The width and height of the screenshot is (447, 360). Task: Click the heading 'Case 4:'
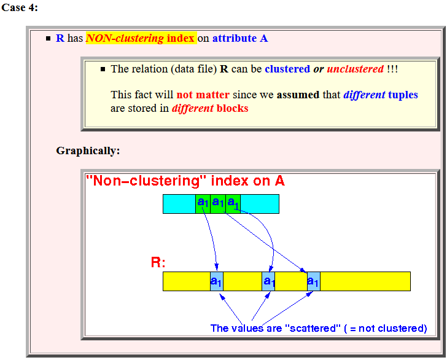click(20, 7)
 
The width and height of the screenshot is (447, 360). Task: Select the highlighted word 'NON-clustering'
click(125, 38)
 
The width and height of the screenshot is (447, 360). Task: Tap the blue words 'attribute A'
click(240, 38)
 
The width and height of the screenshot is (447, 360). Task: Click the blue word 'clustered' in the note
click(287, 69)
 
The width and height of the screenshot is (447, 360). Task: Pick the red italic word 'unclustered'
click(355, 69)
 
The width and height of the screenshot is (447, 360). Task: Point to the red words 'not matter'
click(203, 95)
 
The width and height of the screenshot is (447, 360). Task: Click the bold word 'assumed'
click(298, 95)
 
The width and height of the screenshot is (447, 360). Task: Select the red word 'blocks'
click(232, 108)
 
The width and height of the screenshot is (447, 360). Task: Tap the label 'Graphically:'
click(88, 151)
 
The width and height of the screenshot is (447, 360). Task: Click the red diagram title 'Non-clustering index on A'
click(185, 181)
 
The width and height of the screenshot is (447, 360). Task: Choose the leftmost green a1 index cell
click(203, 204)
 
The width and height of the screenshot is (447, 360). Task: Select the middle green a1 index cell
click(218, 204)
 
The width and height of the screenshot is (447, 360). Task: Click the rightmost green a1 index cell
click(233, 204)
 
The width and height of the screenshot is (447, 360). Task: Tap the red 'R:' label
click(158, 262)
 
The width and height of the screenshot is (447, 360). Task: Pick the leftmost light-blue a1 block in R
click(217, 281)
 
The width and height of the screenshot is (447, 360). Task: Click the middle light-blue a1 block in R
click(268, 281)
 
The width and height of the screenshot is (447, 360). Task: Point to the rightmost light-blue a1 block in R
click(314, 281)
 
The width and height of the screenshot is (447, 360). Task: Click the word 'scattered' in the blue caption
click(313, 328)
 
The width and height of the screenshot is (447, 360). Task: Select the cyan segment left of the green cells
click(179, 204)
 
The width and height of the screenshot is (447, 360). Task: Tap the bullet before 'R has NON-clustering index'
click(48, 38)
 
